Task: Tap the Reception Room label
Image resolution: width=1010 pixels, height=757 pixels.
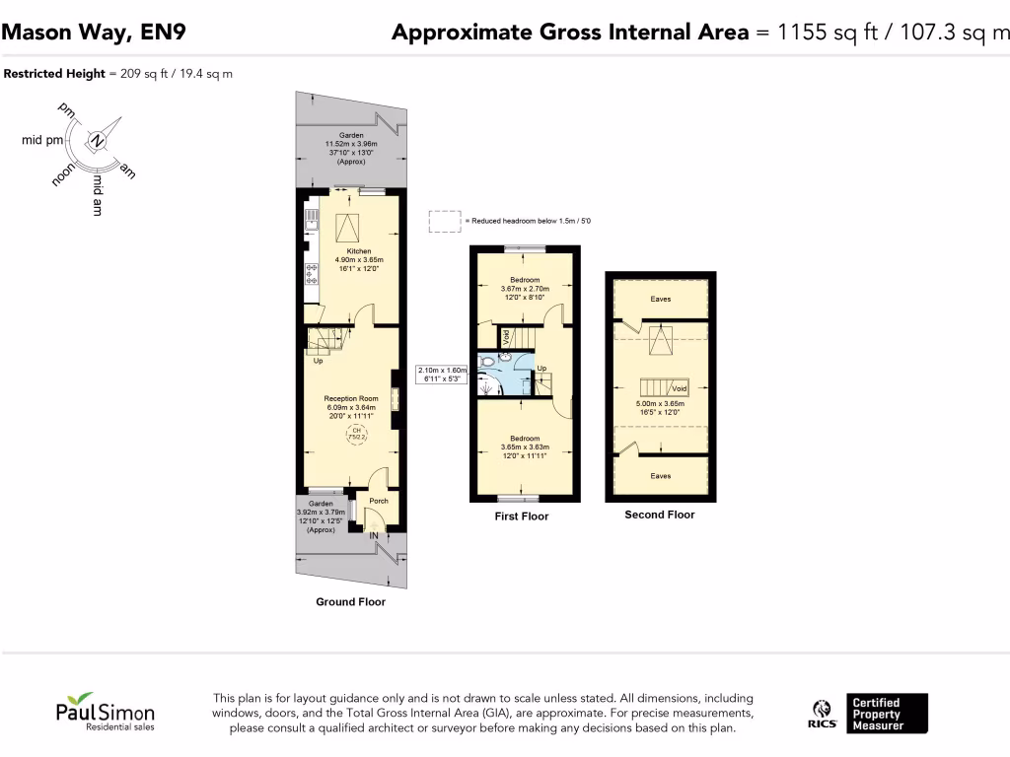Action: tap(351, 399)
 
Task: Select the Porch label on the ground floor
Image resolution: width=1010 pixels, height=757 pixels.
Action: tap(378, 501)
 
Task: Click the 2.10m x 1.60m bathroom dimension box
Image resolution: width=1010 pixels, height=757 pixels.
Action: tap(441, 375)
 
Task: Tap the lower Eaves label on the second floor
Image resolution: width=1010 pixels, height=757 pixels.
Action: tap(660, 476)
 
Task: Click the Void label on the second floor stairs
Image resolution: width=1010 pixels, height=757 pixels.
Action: tap(680, 388)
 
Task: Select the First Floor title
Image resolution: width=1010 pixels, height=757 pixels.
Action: tap(522, 516)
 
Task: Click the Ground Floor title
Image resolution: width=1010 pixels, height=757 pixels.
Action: tap(350, 601)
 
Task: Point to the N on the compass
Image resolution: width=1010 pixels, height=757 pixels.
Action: tap(97, 141)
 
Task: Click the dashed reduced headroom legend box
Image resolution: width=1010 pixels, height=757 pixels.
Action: tap(445, 222)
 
